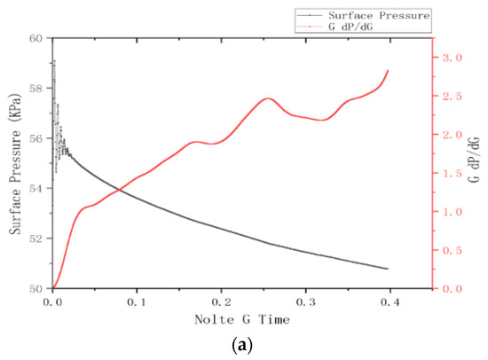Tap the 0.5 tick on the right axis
coord(452,251)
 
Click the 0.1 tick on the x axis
coord(137,302)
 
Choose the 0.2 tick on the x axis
coord(221,302)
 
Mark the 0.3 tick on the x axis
coord(305,302)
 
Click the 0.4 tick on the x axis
coord(390,302)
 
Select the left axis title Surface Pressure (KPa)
coord(16,164)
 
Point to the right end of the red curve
coord(389,70)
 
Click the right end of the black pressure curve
coord(389,269)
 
